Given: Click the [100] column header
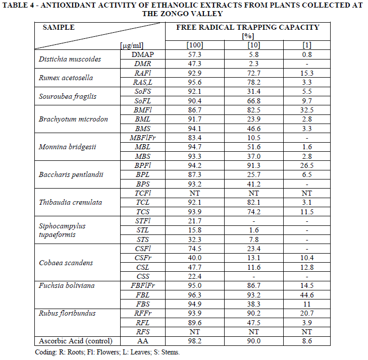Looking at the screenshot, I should (x=194, y=45).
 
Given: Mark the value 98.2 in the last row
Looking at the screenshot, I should (x=194, y=341).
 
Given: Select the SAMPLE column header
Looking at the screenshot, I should (x=59, y=27).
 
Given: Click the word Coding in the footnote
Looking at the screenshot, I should (x=45, y=352).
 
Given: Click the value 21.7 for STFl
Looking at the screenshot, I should (x=194, y=221).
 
